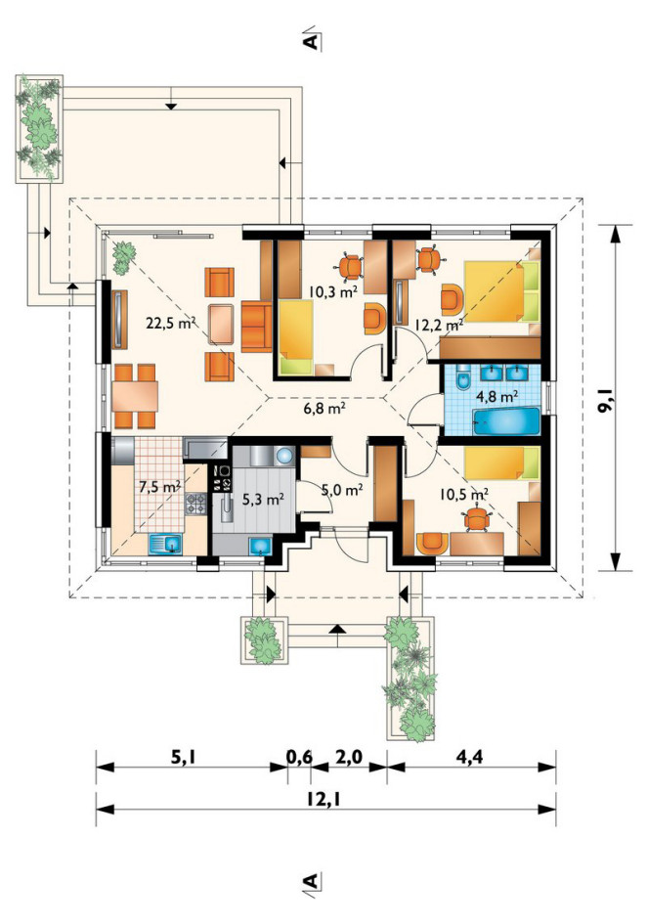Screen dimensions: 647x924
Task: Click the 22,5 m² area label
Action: pos(171,323)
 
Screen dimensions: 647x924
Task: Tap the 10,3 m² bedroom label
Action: pos(334,290)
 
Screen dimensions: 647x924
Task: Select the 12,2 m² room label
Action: pos(439,324)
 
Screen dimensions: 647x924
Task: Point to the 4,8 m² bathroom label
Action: pos(496,396)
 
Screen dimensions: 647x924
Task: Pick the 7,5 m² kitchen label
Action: pos(159,487)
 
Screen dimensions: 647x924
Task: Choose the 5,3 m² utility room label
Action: pos(264,500)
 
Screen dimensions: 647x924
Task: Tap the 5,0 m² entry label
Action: pos(341,489)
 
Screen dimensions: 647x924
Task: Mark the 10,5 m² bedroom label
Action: pos(463,494)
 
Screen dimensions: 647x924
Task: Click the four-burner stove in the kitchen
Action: pos(196,505)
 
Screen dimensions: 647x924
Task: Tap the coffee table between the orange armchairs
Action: pos(221,324)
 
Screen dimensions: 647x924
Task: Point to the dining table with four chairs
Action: pos(135,396)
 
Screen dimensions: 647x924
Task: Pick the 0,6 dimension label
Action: pos(299,757)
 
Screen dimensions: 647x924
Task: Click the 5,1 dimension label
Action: pos(183,757)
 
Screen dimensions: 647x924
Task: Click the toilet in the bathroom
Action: pos(462,379)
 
